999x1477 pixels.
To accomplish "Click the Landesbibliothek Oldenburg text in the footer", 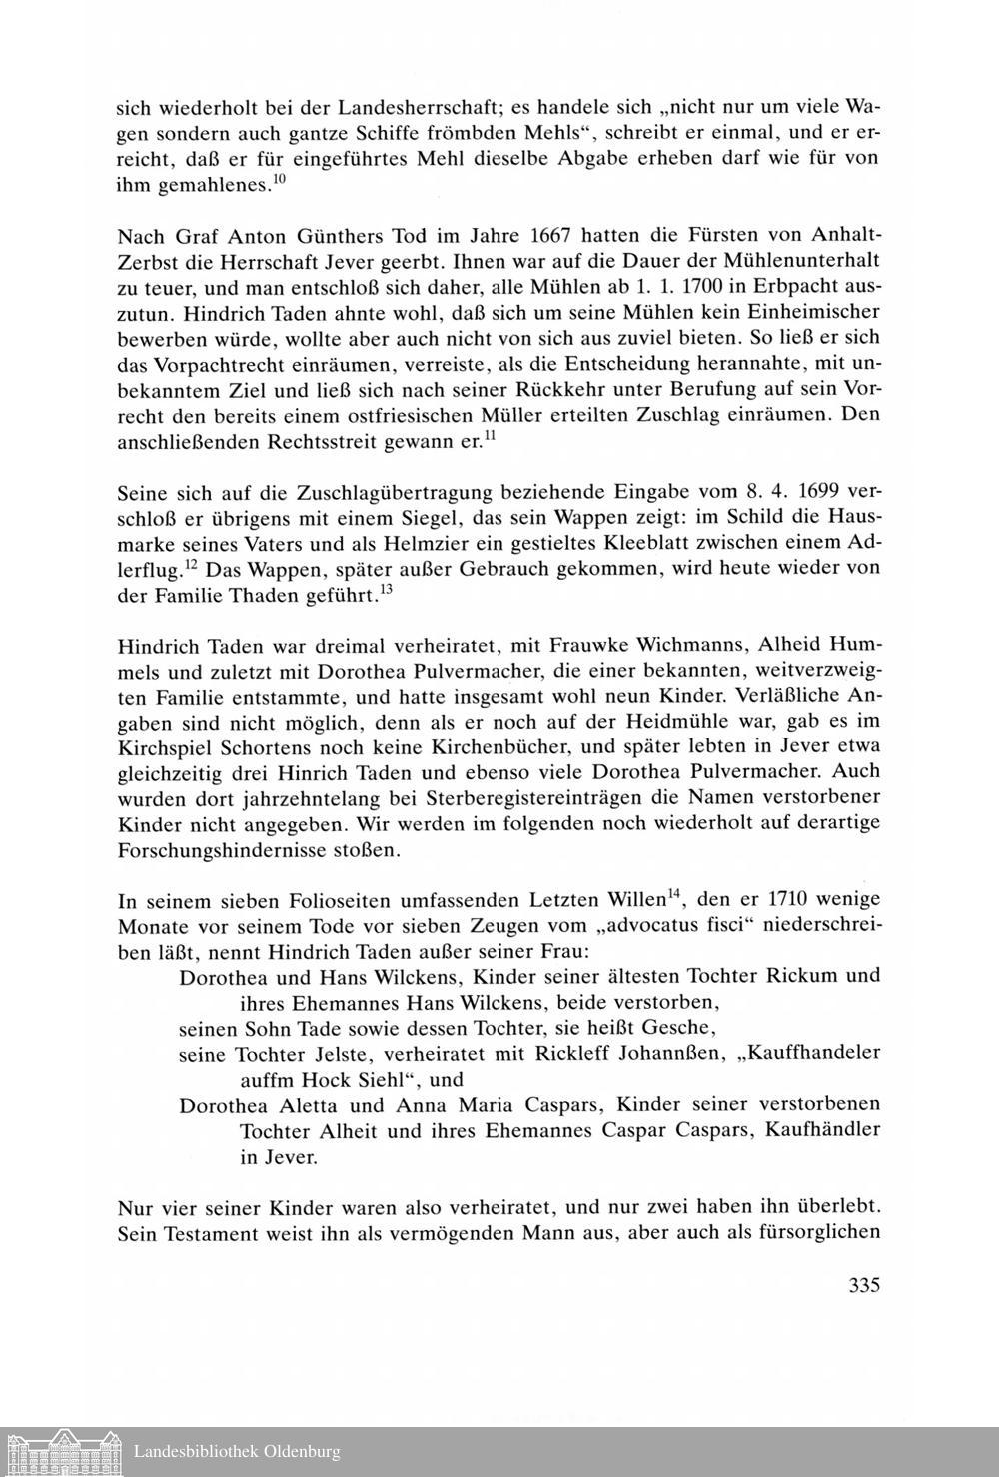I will pyautogui.click(x=237, y=1451).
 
